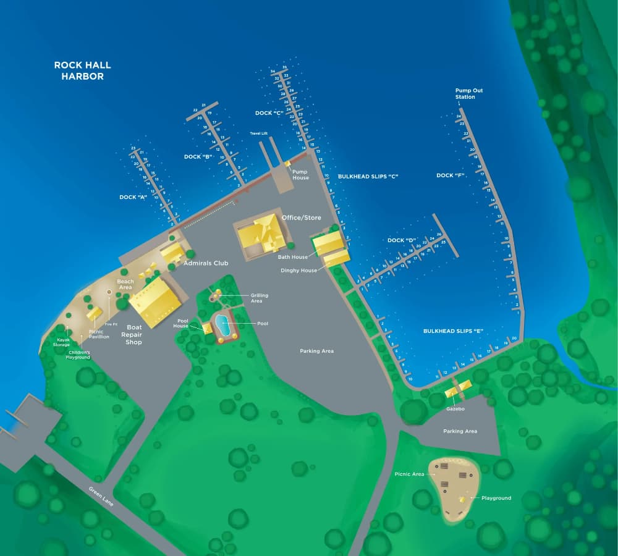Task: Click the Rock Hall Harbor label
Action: (x=82, y=70)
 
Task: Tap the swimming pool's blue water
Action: (x=222, y=325)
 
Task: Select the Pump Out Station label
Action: (x=469, y=94)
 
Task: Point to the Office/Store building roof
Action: (x=261, y=235)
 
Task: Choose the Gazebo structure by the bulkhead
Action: (x=458, y=389)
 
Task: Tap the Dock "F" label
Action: (x=450, y=175)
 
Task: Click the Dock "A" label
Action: (x=133, y=197)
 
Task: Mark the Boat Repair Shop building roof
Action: (x=154, y=299)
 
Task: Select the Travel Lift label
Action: (x=258, y=133)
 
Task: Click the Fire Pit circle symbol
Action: (x=109, y=291)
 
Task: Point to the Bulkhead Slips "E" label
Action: (x=453, y=331)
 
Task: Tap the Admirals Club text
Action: (x=206, y=263)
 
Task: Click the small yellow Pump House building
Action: (x=287, y=163)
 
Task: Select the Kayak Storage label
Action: (x=64, y=342)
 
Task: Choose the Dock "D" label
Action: (x=400, y=240)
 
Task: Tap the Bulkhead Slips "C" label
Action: (x=368, y=177)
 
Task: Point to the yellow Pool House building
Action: (x=207, y=327)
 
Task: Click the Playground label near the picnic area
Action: (x=496, y=498)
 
